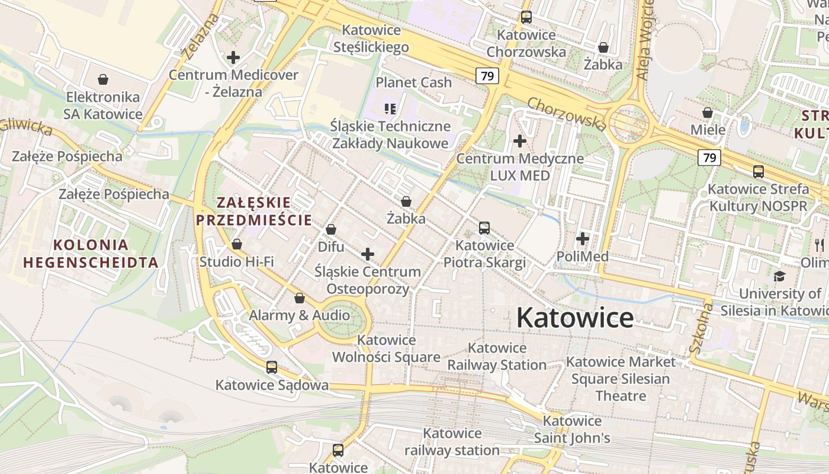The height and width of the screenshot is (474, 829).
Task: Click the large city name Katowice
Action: [575, 318]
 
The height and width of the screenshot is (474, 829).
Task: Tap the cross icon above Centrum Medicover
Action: [233, 57]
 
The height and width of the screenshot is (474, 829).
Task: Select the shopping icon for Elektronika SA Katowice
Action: [103, 79]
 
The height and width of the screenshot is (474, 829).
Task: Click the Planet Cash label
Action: [414, 82]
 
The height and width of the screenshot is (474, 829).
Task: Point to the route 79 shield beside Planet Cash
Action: [487, 76]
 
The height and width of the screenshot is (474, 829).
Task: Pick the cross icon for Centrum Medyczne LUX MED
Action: [520, 141]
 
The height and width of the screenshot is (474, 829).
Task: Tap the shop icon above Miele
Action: [707, 113]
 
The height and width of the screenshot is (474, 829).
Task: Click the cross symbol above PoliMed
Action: [583, 239]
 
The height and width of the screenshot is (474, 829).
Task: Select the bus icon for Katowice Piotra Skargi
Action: [484, 228]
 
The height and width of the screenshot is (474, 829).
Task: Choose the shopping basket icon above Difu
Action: [331, 229]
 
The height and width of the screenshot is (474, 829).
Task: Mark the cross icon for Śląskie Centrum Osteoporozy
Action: [368, 254]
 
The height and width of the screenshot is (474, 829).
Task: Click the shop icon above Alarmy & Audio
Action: [300, 298]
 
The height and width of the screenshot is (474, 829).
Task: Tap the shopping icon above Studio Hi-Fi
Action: [237, 244]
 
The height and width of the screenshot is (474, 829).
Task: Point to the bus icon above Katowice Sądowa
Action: [272, 367]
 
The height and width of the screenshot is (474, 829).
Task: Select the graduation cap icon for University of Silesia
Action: [779, 276]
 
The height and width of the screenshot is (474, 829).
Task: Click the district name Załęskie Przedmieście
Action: [254, 212]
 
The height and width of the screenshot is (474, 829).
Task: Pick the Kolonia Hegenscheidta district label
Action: [91, 254]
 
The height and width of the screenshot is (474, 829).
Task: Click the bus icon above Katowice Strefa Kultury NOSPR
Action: [759, 172]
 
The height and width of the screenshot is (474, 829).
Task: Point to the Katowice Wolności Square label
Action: [386, 348]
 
